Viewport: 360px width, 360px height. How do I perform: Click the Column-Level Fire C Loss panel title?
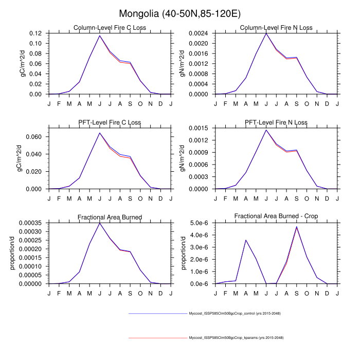(110, 27)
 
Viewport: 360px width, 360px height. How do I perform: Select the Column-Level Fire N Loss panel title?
(276, 27)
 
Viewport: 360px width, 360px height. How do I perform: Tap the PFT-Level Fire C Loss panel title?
(110, 122)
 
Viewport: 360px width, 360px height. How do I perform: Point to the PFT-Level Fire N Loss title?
(276, 122)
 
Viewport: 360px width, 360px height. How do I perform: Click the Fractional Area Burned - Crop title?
(276, 217)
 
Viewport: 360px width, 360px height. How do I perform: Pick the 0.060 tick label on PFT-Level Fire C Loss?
(34, 137)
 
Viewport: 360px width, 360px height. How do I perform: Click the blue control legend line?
(158, 313)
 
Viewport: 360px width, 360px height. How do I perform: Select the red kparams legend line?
(158, 337)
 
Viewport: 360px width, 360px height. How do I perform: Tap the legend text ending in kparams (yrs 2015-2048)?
(236, 337)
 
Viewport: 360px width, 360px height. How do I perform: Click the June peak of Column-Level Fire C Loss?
(99, 35)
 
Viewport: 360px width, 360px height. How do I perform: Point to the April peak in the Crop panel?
(246, 240)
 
